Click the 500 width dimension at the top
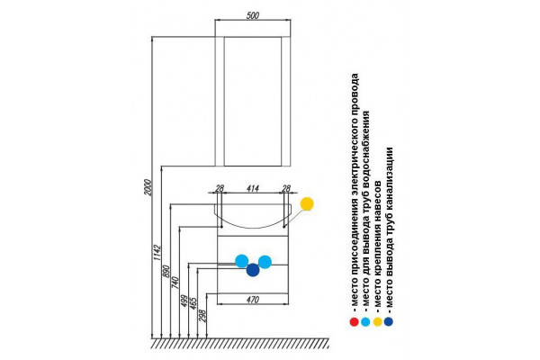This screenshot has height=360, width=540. pos(253,15)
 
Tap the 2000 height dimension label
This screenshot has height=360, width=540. pos(148,187)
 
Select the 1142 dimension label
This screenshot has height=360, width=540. pos(157,253)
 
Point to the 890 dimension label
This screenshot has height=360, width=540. pos(166,271)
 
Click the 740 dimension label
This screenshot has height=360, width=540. pos(175,282)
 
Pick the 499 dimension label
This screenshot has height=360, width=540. pos(184,301)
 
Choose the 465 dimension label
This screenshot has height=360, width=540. pos(193,303)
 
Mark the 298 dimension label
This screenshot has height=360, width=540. pos(202,316)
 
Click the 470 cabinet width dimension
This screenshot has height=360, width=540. pos(252,300)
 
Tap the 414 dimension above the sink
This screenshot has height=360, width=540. pos(252,188)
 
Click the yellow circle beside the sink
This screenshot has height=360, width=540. pos(307,203)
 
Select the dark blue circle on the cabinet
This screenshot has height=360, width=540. pos(253,270)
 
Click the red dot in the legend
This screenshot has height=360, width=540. pos(354,322)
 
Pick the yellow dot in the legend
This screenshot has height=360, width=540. pos(377,322)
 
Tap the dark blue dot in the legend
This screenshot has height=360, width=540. pos(389,322)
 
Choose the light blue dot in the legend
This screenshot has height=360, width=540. pos(365,322)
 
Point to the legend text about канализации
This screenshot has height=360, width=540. pos(389,228)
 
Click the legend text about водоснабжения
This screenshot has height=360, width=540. pos(365,209)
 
